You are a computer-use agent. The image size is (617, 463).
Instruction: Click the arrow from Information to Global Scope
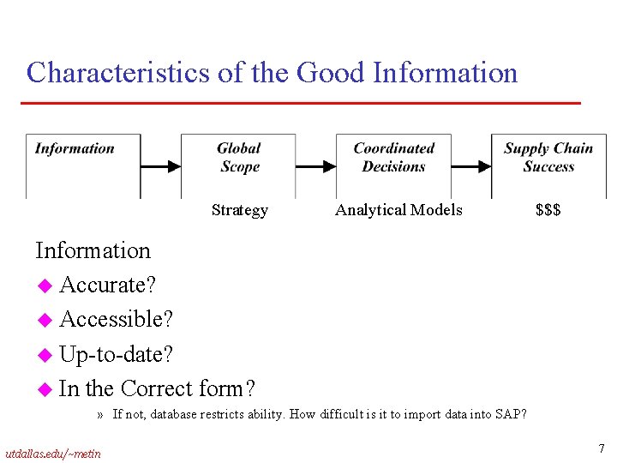tap(160, 166)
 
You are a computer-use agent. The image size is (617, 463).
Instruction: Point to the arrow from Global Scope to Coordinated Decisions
tap(315, 166)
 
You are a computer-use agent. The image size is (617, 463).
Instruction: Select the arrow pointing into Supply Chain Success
tap(470, 166)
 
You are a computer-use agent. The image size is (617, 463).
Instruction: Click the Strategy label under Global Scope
tap(239, 210)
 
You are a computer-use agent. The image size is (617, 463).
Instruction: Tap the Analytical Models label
tap(398, 210)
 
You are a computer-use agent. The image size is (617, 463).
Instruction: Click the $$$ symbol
tap(548, 210)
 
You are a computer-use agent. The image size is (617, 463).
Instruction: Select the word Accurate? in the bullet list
tap(108, 285)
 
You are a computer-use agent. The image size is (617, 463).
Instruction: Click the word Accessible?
tap(117, 319)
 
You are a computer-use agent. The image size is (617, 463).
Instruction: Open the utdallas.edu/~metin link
tap(52, 453)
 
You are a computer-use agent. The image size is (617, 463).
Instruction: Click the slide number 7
tap(601, 448)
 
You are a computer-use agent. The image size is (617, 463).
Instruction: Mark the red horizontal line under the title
tap(300, 103)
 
